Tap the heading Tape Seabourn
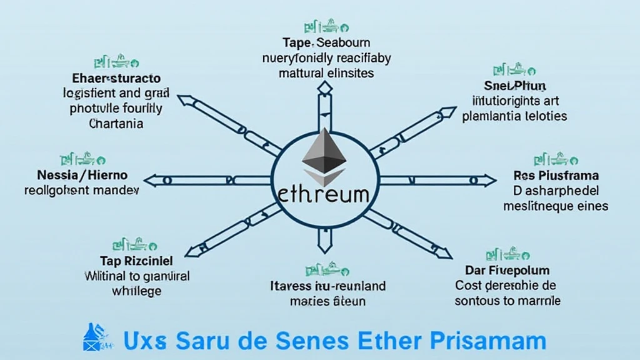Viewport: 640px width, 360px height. [326, 44]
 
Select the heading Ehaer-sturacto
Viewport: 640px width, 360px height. [112, 79]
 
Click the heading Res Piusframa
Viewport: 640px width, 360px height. [556, 176]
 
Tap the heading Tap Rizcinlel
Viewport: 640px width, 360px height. [136, 260]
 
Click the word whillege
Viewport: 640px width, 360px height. [136, 291]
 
